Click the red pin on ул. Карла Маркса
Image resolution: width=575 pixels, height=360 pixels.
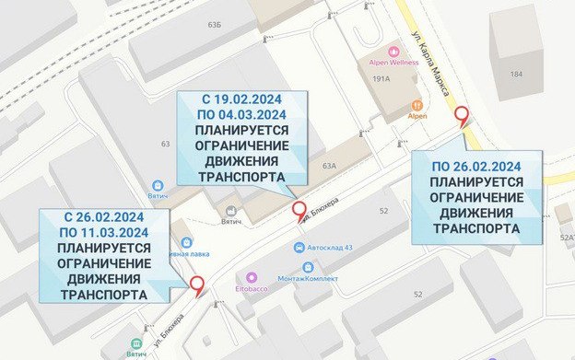click(x=463, y=114)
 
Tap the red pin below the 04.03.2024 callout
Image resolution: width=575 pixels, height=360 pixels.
click(x=299, y=210)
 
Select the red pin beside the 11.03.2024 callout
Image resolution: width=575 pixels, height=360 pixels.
click(x=196, y=284)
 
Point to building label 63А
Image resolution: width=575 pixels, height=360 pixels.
click(x=330, y=166)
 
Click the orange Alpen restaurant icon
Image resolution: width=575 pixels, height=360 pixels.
click(x=417, y=104)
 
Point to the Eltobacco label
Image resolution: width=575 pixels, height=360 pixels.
click(x=251, y=288)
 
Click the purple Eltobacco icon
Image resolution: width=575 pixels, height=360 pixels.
click(x=251, y=275)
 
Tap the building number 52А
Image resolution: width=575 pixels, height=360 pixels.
click(x=566, y=237)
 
